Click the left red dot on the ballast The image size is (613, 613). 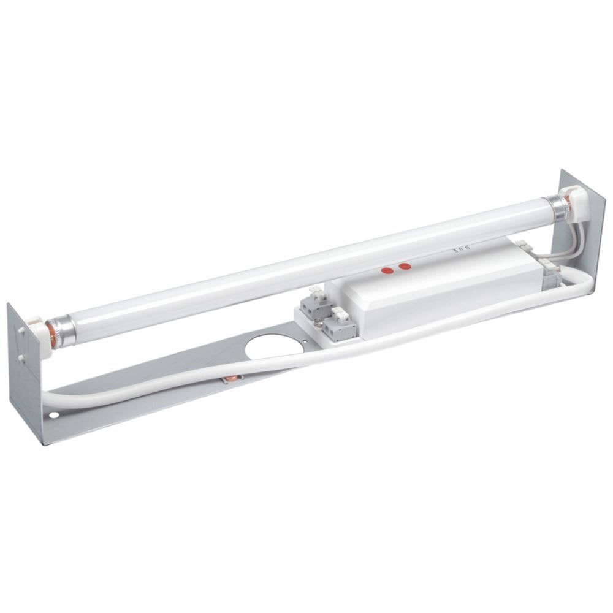(x=387, y=270)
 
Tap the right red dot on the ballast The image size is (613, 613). (x=404, y=267)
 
